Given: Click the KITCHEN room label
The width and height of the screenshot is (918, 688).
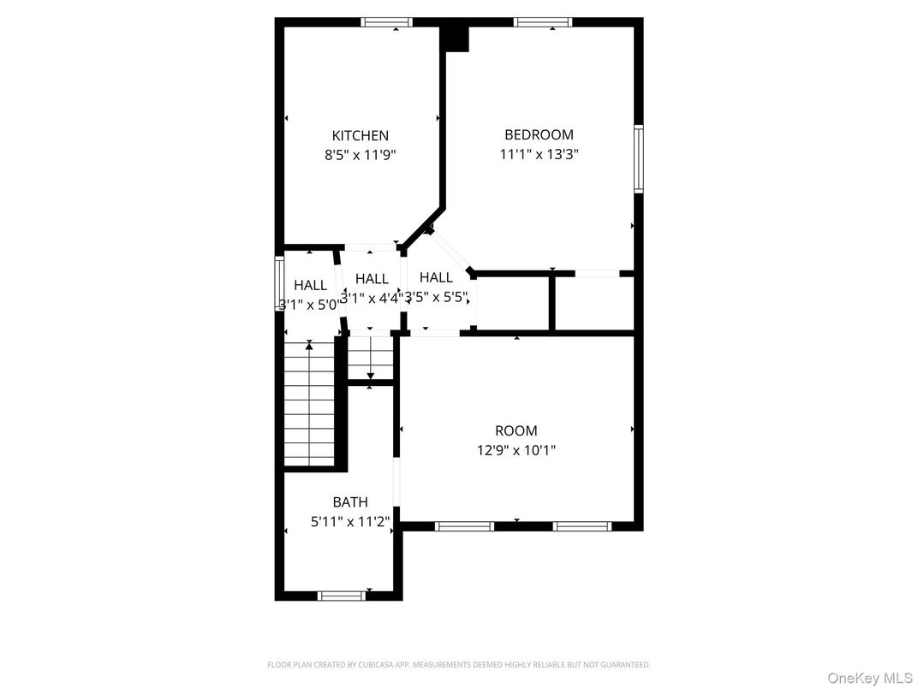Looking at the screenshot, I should pyautogui.click(x=360, y=135).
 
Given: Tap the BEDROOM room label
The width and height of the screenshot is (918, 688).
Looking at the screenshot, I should pyautogui.click(x=539, y=134).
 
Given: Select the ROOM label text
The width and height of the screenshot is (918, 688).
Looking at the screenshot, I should pyautogui.click(x=516, y=430).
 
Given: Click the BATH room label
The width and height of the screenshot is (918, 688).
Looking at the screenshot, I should pyautogui.click(x=350, y=502).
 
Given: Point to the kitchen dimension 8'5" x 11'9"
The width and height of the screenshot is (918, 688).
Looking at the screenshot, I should pyautogui.click(x=360, y=156).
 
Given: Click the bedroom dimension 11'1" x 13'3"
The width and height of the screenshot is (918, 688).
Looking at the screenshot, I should pyautogui.click(x=539, y=155).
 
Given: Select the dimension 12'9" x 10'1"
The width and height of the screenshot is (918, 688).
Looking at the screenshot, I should pyautogui.click(x=516, y=451).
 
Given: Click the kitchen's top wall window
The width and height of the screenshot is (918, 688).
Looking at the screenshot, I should pyautogui.click(x=387, y=22).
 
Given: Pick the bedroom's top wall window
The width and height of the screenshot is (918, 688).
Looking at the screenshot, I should pyautogui.click(x=542, y=22).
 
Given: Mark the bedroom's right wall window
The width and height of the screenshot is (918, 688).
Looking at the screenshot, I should pyautogui.click(x=638, y=158).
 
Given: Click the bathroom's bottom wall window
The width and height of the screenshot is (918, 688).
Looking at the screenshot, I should pyautogui.click(x=341, y=596).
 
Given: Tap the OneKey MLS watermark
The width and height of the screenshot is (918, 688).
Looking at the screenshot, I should pyautogui.click(x=870, y=678).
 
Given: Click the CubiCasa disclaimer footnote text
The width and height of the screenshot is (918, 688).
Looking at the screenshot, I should pyautogui.click(x=458, y=664).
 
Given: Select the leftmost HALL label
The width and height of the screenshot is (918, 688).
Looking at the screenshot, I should pyautogui.click(x=310, y=285).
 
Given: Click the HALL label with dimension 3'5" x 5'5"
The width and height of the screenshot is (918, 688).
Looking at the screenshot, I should pyautogui.click(x=436, y=277).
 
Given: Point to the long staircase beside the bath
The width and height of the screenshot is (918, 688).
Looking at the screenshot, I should pyautogui.click(x=308, y=402).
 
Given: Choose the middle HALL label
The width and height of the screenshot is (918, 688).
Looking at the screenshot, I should pyautogui.click(x=372, y=278).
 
